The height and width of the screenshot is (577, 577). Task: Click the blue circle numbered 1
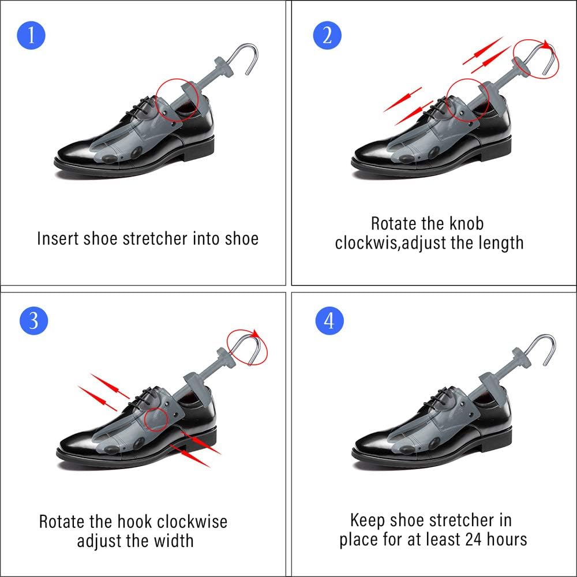[x=31, y=35]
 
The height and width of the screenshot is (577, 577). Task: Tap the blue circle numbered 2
[x=327, y=36]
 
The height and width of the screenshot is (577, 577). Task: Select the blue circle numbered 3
[x=33, y=320]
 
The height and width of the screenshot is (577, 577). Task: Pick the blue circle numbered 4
[x=329, y=320]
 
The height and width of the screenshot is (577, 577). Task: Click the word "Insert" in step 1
[x=58, y=238]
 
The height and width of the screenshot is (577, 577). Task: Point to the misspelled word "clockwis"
[x=367, y=243]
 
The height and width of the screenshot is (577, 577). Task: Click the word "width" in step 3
[x=174, y=541]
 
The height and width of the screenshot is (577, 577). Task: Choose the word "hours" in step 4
[x=507, y=539]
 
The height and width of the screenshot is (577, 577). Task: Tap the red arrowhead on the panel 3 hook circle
[x=255, y=334]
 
